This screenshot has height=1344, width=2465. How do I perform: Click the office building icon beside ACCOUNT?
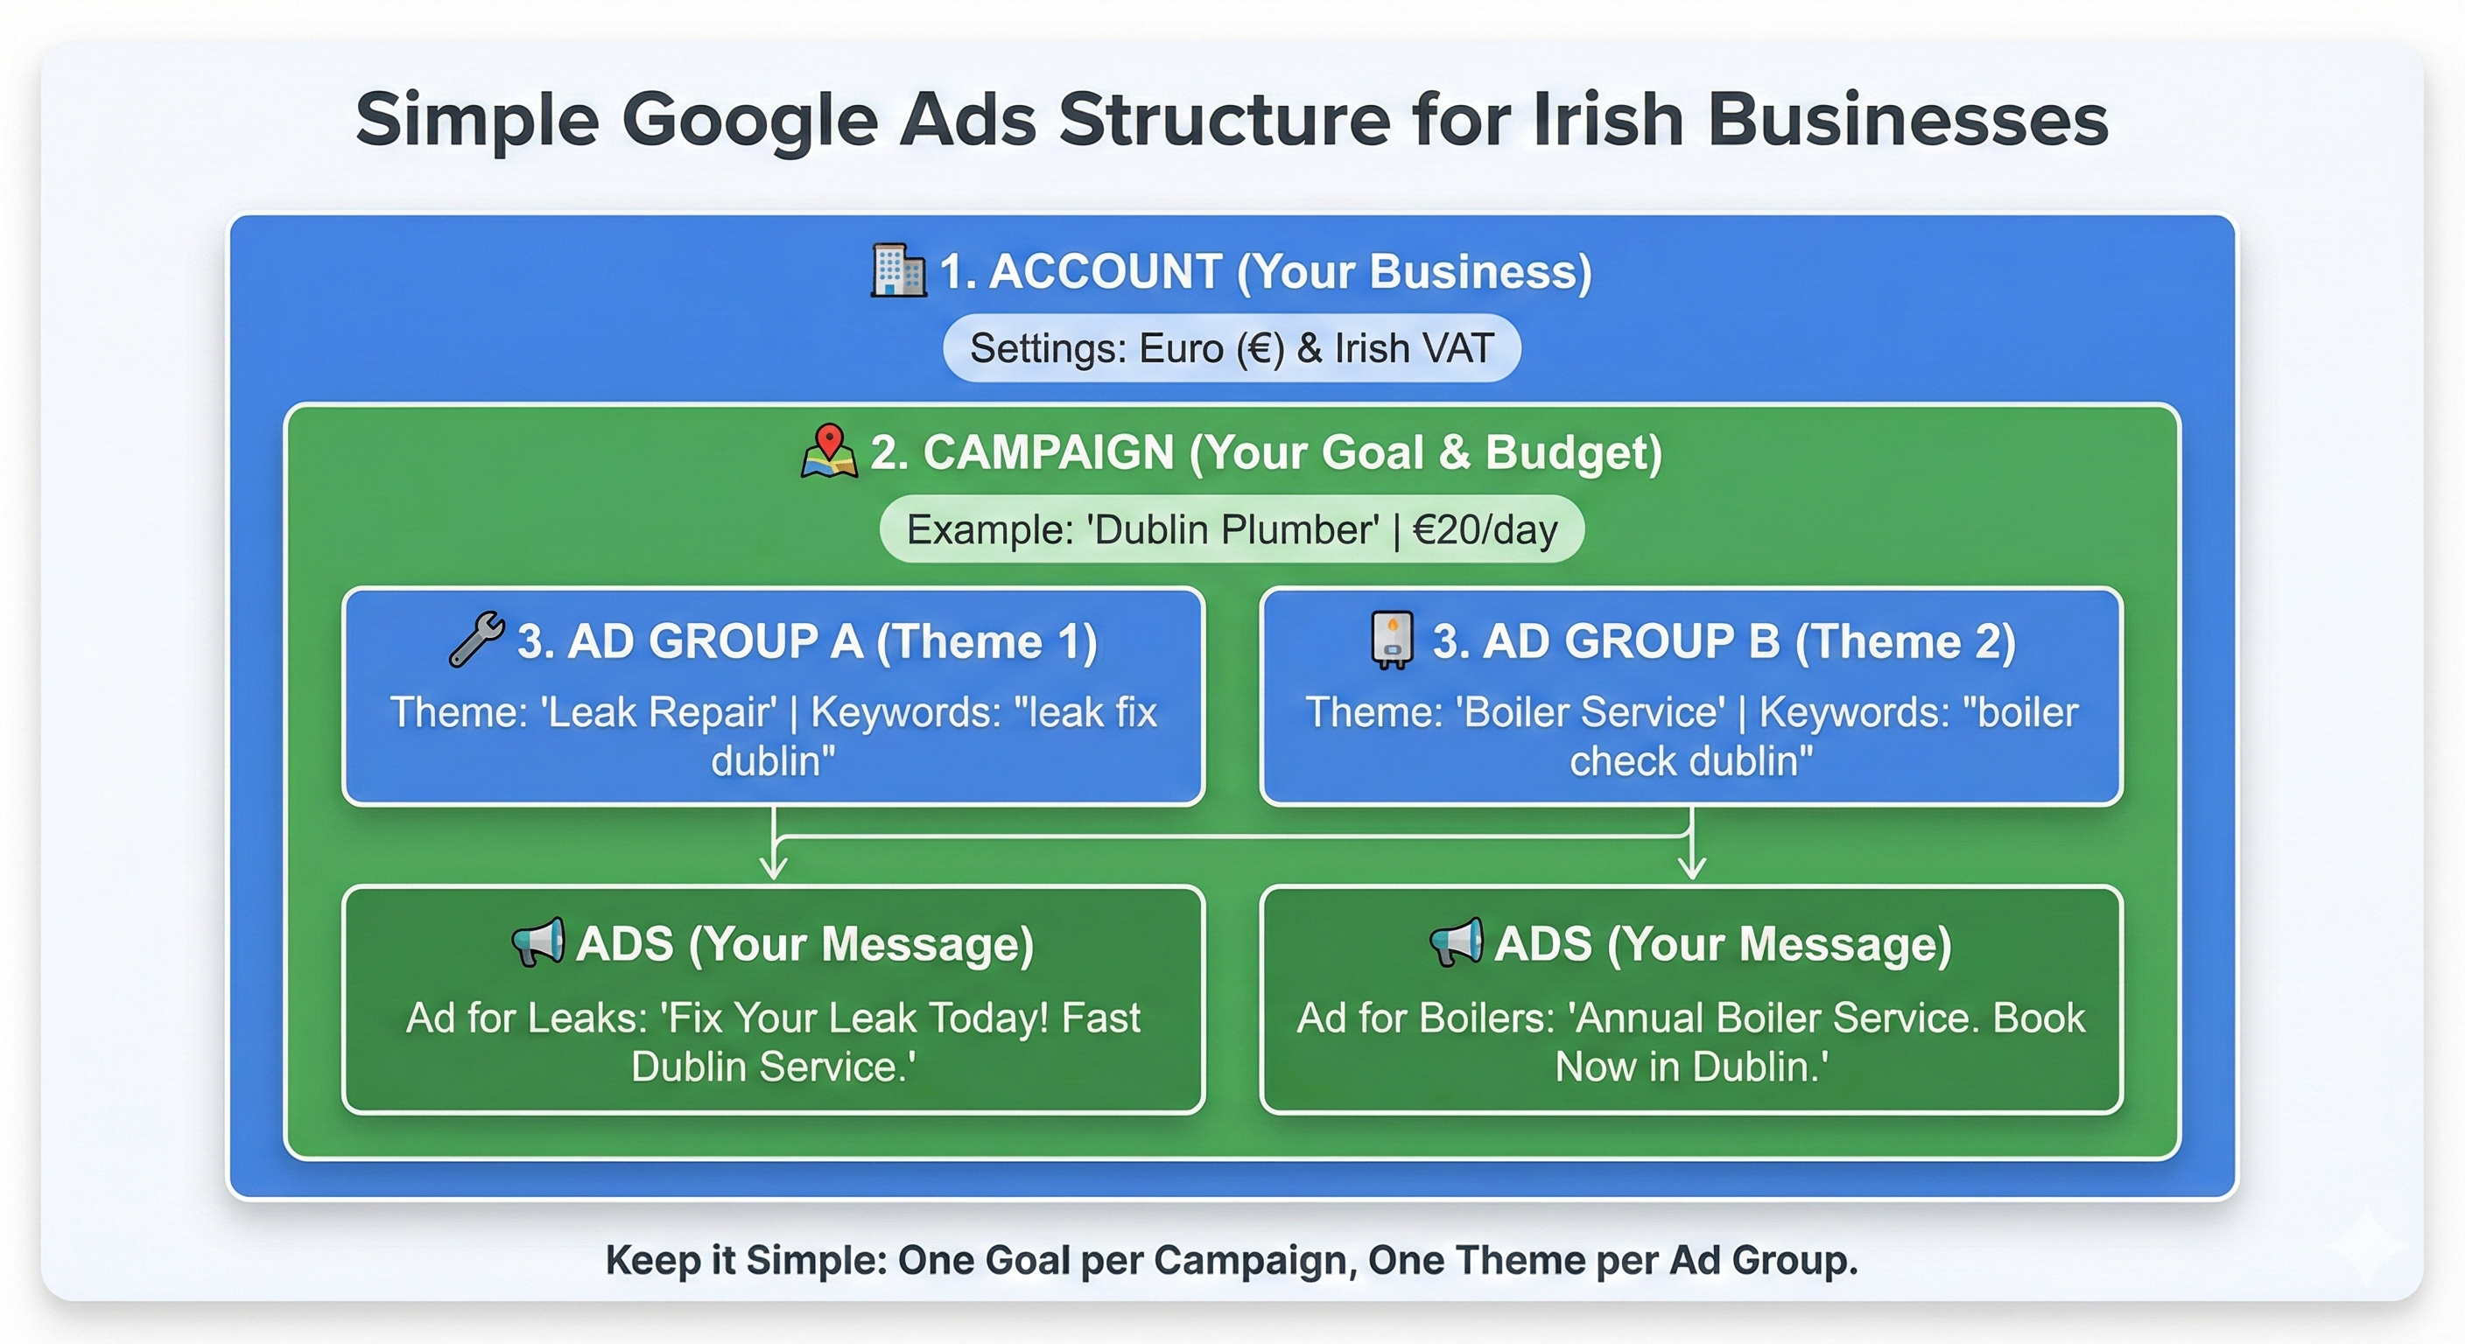click(x=897, y=270)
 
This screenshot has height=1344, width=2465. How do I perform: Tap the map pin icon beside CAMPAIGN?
click(x=829, y=451)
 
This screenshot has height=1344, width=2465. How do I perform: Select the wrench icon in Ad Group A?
click(x=475, y=639)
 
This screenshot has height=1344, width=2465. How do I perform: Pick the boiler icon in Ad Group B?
click(x=1391, y=640)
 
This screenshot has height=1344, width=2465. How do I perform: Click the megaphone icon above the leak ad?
click(x=537, y=943)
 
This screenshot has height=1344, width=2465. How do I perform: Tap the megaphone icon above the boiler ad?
click(x=1456, y=943)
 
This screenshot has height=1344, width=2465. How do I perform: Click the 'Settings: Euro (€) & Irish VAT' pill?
click(x=1232, y=348)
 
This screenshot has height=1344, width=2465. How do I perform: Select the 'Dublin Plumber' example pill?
click(x=1232, y=529)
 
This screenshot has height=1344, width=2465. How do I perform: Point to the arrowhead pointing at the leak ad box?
click(x=773, y=869)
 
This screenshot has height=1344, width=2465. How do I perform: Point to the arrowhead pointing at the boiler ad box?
click(x=1692, y=869)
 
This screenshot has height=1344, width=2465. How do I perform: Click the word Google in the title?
click(x=749, y=120)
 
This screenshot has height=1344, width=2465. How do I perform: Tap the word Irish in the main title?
click(x=1608, y=120)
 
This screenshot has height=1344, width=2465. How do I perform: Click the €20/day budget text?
click(x=1485, y=529)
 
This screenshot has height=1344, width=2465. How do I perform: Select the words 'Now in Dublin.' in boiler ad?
click(x=1692, y=1067)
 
